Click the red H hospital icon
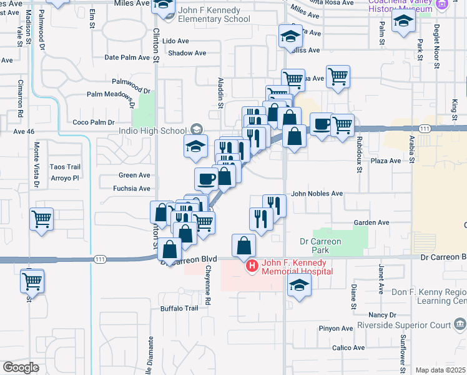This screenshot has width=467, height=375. [252, 266]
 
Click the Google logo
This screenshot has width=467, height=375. [20, 367]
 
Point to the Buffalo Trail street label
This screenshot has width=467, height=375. [179, 308]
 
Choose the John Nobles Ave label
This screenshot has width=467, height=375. [317, 194]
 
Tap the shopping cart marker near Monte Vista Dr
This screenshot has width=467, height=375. [41, 219]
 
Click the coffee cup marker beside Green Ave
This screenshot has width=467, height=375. [206, 179]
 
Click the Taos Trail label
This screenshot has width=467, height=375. [66, 167]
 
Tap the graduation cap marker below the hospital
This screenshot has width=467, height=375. [300, 286]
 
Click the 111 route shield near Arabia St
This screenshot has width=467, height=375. [425, 128]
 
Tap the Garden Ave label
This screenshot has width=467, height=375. [371, 222]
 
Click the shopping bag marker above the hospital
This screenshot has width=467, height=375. [243, 246]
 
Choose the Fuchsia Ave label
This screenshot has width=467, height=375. [132, 188]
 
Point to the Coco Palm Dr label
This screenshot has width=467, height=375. [94, 122]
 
